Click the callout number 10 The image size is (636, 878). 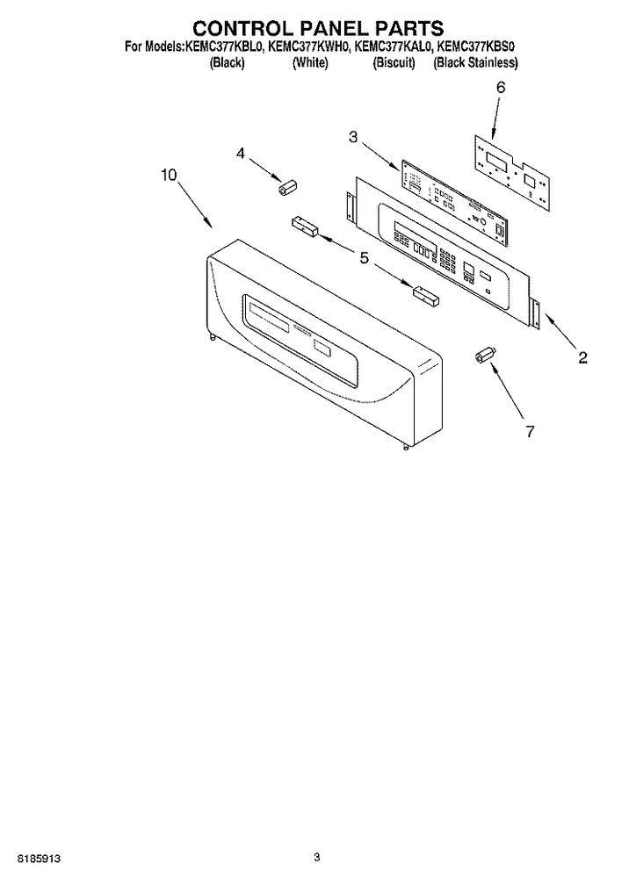(x=169, y=176)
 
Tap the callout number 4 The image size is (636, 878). (x=241, y=153)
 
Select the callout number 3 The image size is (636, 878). (x=353, y=137)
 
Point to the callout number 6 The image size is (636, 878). (x=501, y=87)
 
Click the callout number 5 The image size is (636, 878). (x=365, y=258)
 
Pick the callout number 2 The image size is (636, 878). (x=582, y=357)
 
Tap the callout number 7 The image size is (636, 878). (x=530, y=431)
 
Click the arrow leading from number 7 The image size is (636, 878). (x=507, y=391)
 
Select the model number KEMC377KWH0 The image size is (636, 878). (x=309, y=47)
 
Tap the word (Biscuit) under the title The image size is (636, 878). (x=394, y=62)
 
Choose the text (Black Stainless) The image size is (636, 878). (x=476, y=62)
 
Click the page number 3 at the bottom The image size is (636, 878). (x=317, y=857)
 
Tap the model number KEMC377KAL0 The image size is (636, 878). (x=394, y=47)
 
